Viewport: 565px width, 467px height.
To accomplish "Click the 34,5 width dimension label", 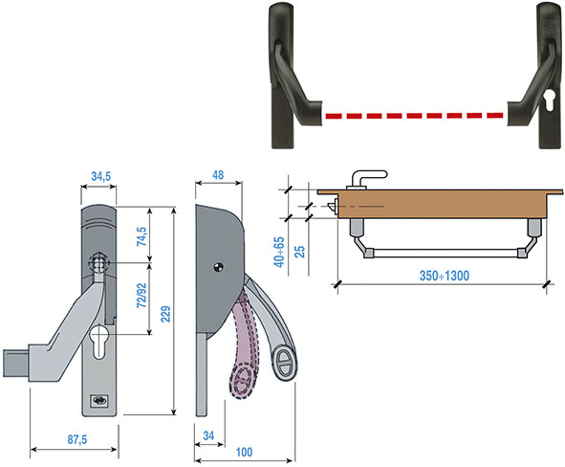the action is [101, 176].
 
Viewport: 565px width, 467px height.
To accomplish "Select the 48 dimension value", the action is [218, 175].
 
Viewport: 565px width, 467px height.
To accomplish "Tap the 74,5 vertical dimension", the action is [141, 236].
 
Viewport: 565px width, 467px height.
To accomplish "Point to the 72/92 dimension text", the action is [141, 296].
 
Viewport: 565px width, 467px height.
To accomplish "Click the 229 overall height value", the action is [165, 314].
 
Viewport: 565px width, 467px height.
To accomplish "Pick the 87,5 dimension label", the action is [77, 439].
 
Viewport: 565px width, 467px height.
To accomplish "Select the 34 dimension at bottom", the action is [208, 435].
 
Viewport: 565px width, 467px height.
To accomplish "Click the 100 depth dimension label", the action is [244, 452].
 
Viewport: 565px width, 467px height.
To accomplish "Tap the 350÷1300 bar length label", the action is [445, 276].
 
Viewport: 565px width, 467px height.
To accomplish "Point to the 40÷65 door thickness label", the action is [279, 252].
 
